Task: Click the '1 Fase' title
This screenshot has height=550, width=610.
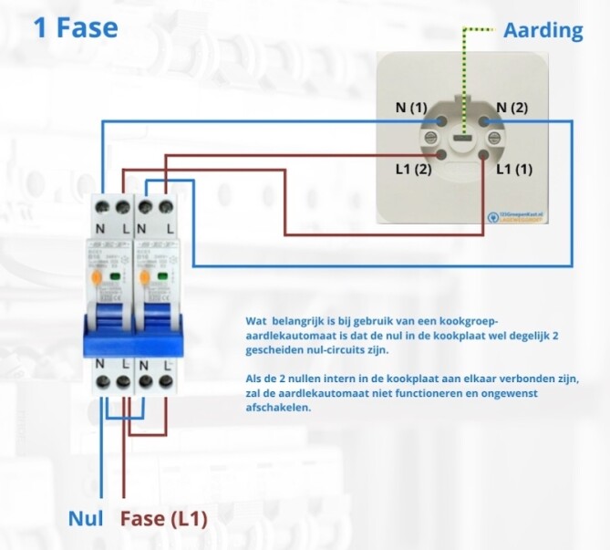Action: point(76,27)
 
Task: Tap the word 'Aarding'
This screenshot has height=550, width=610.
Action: point(543,30)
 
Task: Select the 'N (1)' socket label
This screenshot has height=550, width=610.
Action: point(410,108)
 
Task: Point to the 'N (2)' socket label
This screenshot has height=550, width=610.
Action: point(512,108)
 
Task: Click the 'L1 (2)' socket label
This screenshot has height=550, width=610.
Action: point(410,169)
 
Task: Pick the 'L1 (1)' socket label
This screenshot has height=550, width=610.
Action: point(514,169)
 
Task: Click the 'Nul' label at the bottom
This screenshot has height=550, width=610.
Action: point(86,519)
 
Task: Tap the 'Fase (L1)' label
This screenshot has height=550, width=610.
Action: point(164,519)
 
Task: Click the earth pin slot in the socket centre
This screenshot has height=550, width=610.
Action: point(462,140)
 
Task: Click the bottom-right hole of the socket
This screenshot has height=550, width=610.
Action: point(485,157)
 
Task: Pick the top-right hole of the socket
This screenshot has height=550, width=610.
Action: point(485,119)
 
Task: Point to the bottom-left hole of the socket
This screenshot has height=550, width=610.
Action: point(440,157)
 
